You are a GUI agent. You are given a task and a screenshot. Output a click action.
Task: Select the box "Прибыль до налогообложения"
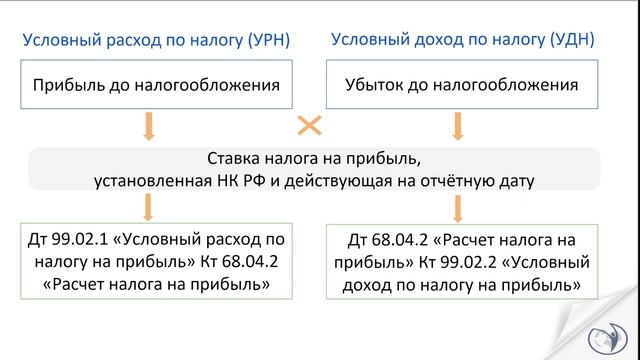(148, 85)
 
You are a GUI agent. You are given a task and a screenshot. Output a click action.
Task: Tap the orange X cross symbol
(310, 126)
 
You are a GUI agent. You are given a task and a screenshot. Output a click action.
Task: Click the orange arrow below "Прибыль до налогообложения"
(148, 126)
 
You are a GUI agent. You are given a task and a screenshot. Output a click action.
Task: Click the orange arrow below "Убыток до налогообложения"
(458, 126)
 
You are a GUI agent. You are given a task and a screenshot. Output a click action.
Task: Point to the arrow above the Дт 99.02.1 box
(148, 207)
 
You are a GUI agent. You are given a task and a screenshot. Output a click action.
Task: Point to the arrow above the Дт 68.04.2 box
(458, 207)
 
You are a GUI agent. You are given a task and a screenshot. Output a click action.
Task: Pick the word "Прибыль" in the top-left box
(68, 85)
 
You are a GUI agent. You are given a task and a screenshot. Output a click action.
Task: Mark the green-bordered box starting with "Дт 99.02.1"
(148, 262)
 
